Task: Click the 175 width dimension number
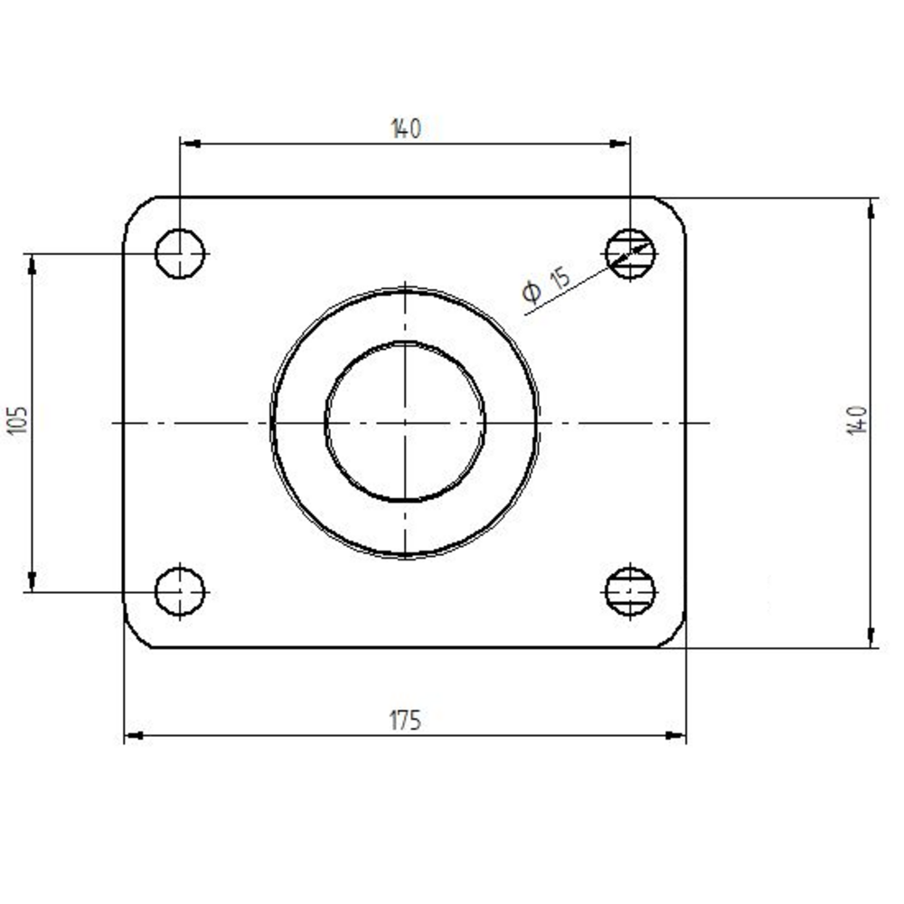coord(405,720)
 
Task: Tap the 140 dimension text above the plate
coord(406,128)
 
